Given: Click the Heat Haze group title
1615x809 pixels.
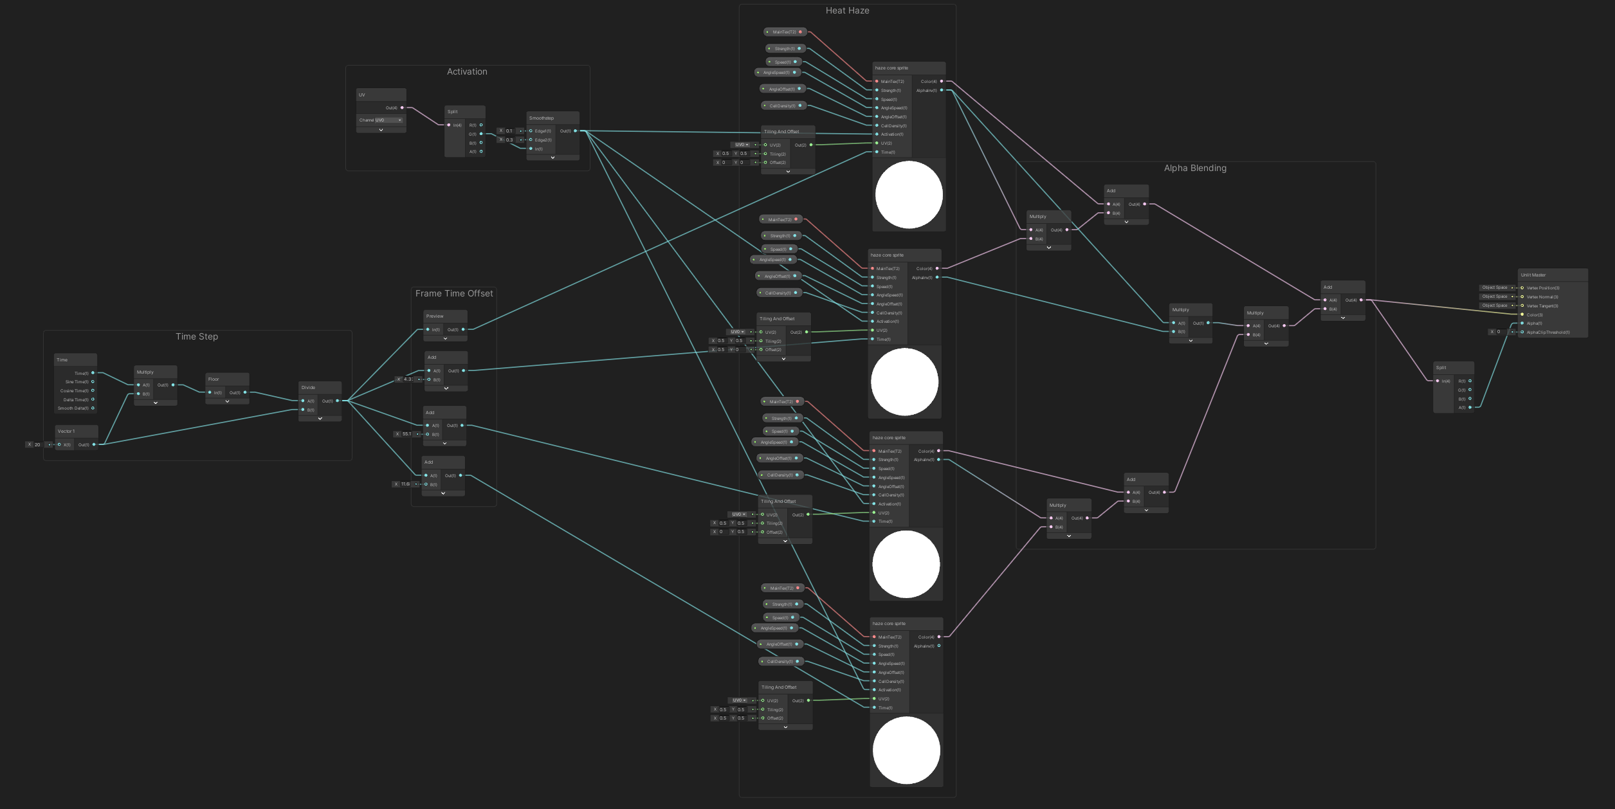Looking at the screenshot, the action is [x=847, y=11].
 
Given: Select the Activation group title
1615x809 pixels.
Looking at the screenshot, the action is [x=467, y=72].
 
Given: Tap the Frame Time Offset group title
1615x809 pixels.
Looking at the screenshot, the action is [x=454, y=294].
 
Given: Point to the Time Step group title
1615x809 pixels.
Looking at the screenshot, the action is [x=197, y=337].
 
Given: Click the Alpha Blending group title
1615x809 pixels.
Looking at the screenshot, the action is [x=1195, y=168].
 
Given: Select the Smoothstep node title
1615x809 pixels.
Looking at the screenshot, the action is [x=541, y=118].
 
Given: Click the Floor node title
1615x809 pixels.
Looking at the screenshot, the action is [x=214, y=379].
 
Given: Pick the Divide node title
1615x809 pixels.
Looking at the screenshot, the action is [x=308, y=388].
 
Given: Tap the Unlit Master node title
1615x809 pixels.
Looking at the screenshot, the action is [x=1533, y=275].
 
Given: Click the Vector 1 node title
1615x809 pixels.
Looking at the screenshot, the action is [x=66, y=432].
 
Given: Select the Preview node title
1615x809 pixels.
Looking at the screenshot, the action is [x=435, y=316].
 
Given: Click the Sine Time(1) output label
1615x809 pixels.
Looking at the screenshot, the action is [x=77, y=382].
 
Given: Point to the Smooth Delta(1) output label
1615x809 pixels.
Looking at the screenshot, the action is [x=73, y=408].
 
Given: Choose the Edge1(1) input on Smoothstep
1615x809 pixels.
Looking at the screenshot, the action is [x=542, y=131].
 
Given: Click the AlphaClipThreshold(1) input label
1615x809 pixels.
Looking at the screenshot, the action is [x=1547, y=332].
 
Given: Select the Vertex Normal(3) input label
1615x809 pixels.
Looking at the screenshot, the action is [x=1542, y=297].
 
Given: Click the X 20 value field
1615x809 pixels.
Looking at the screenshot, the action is [x=37, y=444].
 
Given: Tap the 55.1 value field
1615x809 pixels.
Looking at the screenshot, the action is [x=406, y=434].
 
